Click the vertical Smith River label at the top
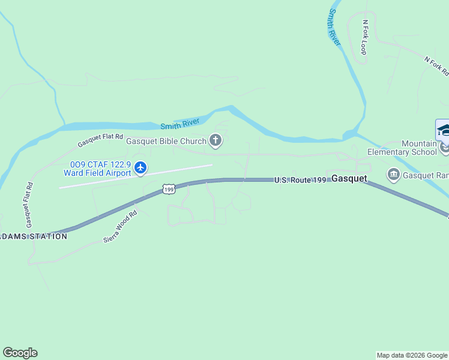coord(334,28)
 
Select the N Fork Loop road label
coord(364,37)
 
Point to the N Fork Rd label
coord(436,66)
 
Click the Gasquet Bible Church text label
coord(166,142)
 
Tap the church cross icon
coord(215,142)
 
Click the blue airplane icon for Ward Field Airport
coord(140,167)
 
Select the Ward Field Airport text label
coord(97,173)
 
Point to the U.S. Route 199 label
coord(300,179)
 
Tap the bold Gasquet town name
coord(349,179)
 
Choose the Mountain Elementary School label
coord(411,148)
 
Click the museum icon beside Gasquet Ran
coord(394,175)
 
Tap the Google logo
coord(20,353)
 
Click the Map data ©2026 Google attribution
coord(412,355)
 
